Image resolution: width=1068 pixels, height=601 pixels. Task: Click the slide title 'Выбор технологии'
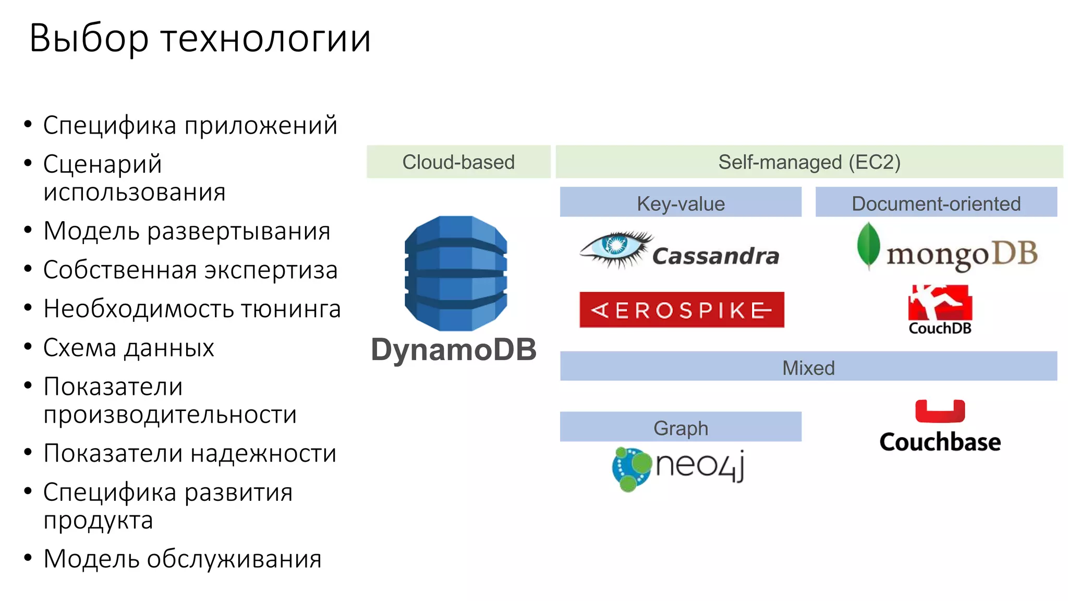pyautogui.click(x=200, y=39)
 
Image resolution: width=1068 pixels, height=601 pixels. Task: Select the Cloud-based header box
pyautogui.click(x=458, y=162)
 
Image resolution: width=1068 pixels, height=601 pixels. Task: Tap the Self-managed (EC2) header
pyautogui.click(x=809, y=162)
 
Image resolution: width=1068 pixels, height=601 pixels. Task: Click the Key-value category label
pyautogui.click(x=681, y=203)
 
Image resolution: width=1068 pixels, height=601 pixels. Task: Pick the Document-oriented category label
pyautogui.click(x=936, y=203)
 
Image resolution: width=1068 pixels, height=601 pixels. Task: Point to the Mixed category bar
pyautogui.click(x=808, y=367)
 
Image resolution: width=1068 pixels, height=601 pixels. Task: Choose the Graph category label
pyautogui.click(x=681, y=428)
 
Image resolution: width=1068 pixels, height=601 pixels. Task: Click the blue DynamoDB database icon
pyautogui.click(x=456, y=273)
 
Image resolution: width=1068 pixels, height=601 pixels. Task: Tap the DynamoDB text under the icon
pyautogui.click(x=454, y=350)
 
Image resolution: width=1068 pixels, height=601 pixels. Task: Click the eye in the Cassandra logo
pyautogui.click(x=615, y=245)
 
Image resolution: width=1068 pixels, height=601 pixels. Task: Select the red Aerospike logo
pyautogui.click(x=682, y=310)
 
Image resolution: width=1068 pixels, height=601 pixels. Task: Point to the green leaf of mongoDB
pyautogui.click(x=868, y=245)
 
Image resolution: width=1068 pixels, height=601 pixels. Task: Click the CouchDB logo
pyautogui.click(x=940, y=309)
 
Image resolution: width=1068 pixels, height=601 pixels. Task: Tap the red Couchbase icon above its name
pyautogui.click(x=940, y=411)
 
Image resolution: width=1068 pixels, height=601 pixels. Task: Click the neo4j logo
pyautogui.click(x=678, y=467)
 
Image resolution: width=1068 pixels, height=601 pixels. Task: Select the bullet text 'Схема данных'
pyautogui.click(x=128, y=348)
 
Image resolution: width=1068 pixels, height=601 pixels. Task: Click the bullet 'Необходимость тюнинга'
pyautogui.click(x=192, y=309)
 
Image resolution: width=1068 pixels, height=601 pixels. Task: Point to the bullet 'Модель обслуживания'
pyautogui.click(x=183, y=559)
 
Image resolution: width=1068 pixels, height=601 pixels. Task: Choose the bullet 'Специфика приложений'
pyautogui.click(x=190, y=126)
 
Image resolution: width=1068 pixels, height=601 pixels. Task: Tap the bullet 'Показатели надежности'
pyautogui.click(x=190, y=453)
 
